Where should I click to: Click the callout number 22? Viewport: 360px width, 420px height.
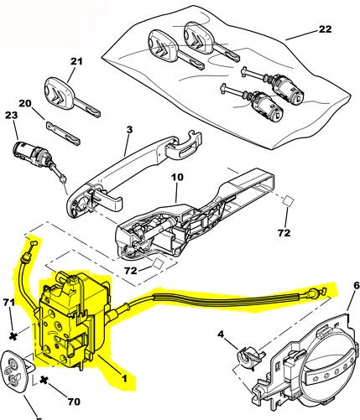(x=325, y=29)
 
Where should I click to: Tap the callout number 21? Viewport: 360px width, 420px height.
(x=76, y=61)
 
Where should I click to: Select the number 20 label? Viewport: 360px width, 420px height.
(x=25, y=103)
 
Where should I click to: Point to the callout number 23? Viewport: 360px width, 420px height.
(x=11, y=115)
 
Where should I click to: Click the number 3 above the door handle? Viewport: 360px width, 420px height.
(x=129, y=130)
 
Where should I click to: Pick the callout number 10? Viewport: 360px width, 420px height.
(x=177, y=177)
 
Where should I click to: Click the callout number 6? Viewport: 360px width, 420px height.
(x=356, y=286)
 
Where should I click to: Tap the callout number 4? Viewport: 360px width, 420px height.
(x=221, y=334)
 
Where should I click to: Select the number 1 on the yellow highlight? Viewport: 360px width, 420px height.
(x=124, y=378)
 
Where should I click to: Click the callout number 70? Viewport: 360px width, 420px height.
(x=74, y=402)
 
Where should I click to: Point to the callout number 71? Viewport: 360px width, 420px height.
(x=8, y=302)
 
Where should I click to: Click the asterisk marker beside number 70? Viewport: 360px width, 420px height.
(x=44, y=380)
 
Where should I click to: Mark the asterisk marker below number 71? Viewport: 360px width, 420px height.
(x=13, y=336)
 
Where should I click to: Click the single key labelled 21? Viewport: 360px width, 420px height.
(x=72, y=97)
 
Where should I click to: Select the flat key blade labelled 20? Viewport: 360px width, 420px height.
(x=63, y=133)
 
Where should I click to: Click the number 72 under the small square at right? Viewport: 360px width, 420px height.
(x=284, y=232)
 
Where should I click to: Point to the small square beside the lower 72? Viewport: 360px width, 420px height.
(x=158, y=263)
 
